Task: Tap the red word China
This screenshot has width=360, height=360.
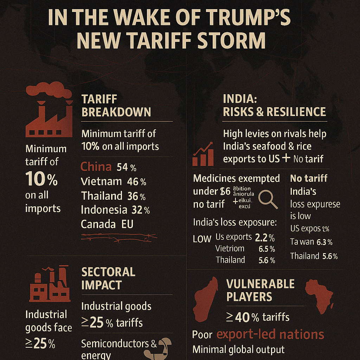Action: tap(96, 167)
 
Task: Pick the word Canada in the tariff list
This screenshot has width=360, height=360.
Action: tap(98, 224)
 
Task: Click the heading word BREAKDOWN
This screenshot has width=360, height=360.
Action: tap(116, 112)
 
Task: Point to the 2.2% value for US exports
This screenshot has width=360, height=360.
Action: tap(264, 238)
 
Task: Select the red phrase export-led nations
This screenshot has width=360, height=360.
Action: tap(270, 334)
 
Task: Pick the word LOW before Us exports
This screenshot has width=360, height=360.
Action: tap(202, 239)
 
